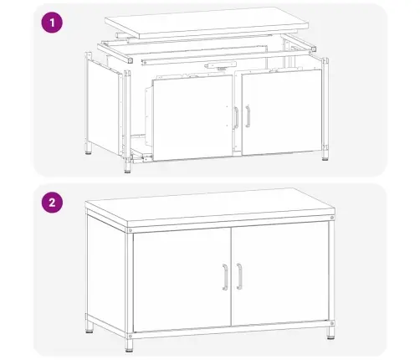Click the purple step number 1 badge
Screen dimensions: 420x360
tap(52, 23)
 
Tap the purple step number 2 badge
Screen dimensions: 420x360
tap(52, 203)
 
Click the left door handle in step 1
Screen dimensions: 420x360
tap(236, 118)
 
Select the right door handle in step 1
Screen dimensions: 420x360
tap(248, 116)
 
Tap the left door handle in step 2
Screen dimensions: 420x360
tap(225, 277)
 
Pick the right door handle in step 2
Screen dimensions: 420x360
tap(239, 276)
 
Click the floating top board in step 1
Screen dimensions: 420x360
tap(207, 23)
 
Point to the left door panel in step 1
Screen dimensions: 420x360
tap(192, 117)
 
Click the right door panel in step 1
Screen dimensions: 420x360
tap(282, 112)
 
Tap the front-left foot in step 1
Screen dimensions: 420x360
tap(127, 167)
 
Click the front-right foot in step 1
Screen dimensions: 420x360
tap(325, 155)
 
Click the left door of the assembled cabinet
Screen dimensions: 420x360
tap(182, 280)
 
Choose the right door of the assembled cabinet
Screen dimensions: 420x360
tap(280, 274)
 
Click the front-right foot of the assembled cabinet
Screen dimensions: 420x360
tap(330, 333)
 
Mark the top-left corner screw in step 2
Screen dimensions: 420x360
tap(131, 230)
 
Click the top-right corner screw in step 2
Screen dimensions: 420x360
tap(331, 218)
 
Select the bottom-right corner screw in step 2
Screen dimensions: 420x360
tap(331, 323)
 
